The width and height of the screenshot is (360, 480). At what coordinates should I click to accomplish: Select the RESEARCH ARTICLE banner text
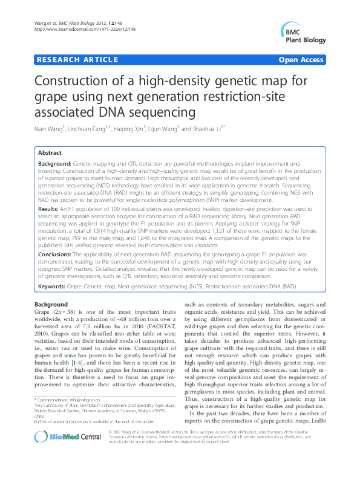(77, 60)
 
